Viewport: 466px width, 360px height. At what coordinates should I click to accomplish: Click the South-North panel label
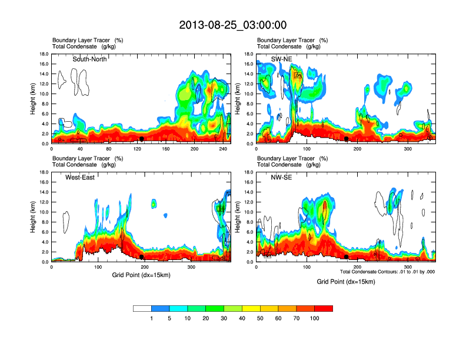tap(89, 59)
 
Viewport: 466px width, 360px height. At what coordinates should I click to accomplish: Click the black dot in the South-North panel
tap(142, 139)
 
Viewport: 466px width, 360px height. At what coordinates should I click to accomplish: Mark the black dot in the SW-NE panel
tap(347, 139)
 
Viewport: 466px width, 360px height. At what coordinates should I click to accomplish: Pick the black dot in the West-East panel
tap(142, 257)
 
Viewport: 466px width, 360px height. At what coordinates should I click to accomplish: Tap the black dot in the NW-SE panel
tap(347, 257)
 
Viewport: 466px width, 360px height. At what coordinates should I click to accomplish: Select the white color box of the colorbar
tap(142, 308)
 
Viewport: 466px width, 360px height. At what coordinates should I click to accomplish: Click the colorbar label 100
tap(315, 318)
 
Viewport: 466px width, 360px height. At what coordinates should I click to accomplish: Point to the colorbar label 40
tap(242, 318)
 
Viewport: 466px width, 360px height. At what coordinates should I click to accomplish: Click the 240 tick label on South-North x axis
tap(222, 149)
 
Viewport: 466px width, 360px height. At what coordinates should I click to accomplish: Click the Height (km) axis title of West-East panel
tap(33, 216)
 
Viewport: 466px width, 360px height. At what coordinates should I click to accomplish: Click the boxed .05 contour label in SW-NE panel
tap(298, 75)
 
